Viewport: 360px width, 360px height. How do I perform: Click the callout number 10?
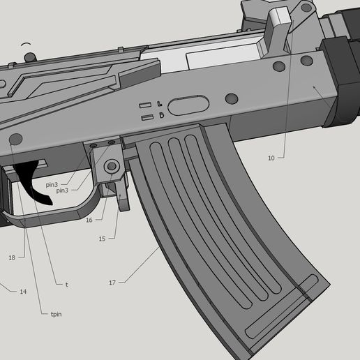(x=271, y=158)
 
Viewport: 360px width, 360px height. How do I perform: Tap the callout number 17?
(x=112, y=283)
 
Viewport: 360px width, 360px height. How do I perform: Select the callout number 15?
(x=102, y=239)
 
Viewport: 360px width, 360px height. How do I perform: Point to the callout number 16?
(x=89, y=220)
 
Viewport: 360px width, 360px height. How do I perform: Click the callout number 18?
(x=12, y=257)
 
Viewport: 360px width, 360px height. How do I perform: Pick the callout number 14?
(x=23, y=291)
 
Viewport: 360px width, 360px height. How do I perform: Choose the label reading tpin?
(x=56, y=315)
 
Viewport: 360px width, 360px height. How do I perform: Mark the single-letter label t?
(x=66, y=284)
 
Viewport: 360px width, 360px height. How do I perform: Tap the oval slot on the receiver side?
(x=188, y=106)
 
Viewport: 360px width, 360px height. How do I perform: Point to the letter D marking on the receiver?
(x=162, y=114)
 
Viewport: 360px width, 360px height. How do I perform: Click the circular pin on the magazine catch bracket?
(x=111, y=167)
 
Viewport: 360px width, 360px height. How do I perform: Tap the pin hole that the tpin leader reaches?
(x=16, y=139)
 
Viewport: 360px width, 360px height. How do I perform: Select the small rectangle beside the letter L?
(x=145, y=105)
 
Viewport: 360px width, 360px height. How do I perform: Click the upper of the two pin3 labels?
(x=52, y=185)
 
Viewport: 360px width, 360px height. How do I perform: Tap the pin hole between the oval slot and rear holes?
(x=232, y=99)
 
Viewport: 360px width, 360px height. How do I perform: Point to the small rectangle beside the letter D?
(x=147, y=117)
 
